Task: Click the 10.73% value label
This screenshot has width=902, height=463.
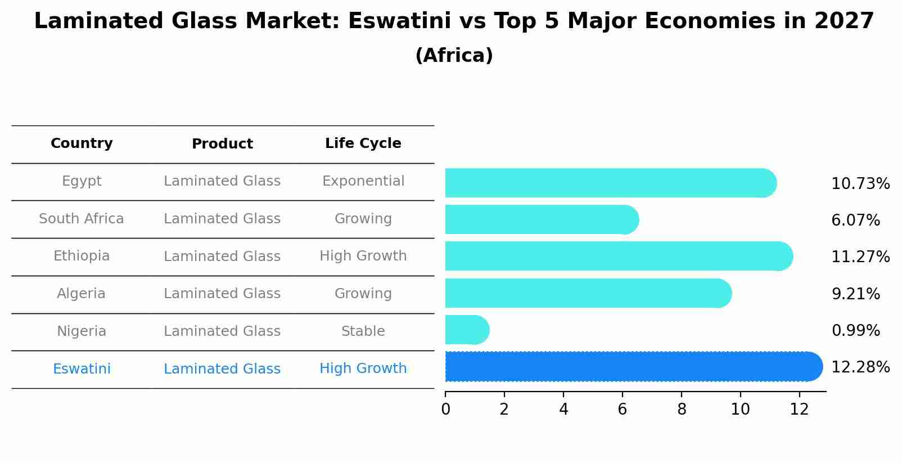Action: [860, 184]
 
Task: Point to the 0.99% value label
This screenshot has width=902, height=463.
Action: [855, 330]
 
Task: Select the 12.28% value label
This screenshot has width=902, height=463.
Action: [860, 367]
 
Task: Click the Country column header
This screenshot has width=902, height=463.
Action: [82, 143]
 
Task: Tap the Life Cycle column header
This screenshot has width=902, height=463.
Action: [363, 143]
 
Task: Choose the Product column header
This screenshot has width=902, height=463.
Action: [222, 144]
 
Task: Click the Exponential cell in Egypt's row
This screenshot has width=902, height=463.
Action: [363, 181]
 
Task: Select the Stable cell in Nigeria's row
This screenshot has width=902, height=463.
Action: [363, 331]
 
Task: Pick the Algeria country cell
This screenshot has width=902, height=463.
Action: [81, 294]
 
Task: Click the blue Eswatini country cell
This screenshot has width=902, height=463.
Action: [82, 369]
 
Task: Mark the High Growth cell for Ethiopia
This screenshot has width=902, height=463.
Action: [363, 256]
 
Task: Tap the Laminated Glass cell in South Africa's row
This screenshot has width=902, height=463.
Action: [222, 219]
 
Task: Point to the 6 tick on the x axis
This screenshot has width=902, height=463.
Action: [622, 409]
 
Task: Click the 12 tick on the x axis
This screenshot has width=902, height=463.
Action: [799, 409]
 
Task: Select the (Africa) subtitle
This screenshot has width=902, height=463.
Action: [454, 56]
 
